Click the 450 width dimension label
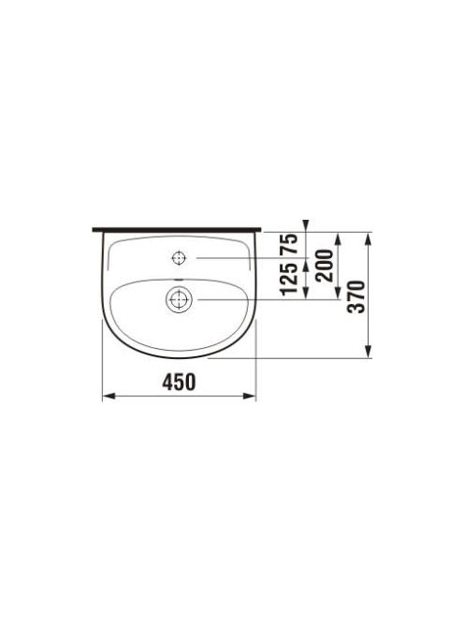point(179,383)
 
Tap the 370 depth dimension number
point(355,296)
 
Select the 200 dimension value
point(324,266)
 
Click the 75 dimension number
point(289,244)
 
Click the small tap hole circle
point(179,258)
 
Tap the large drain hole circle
point(179,299)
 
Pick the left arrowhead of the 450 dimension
point(109,396)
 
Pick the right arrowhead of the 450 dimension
point(249,396)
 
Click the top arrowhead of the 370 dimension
point(368,238)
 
